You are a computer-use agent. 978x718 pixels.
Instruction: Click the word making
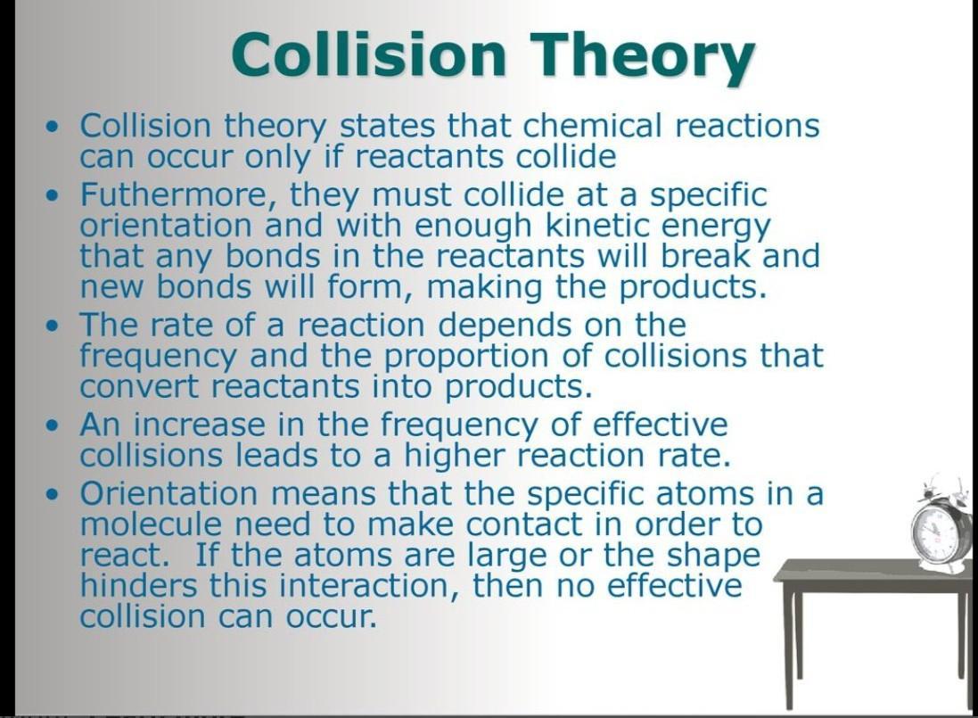[x=485, y=288]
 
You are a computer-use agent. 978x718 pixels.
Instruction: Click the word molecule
[x=151, y=524]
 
